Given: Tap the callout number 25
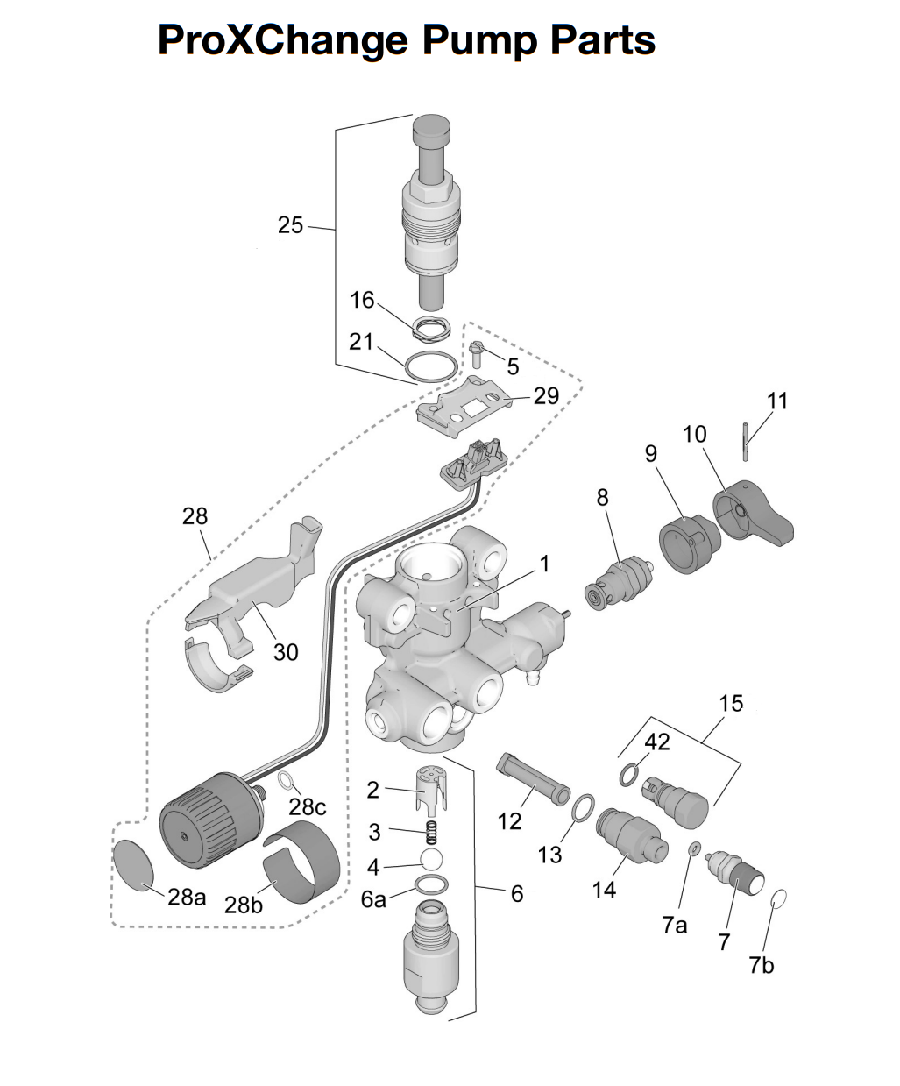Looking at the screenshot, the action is [x=290, y=225].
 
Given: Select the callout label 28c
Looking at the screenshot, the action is [x=308, y=806].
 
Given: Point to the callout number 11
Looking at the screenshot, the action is [x=777, y=401].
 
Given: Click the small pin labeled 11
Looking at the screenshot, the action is [x=746, y=442].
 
